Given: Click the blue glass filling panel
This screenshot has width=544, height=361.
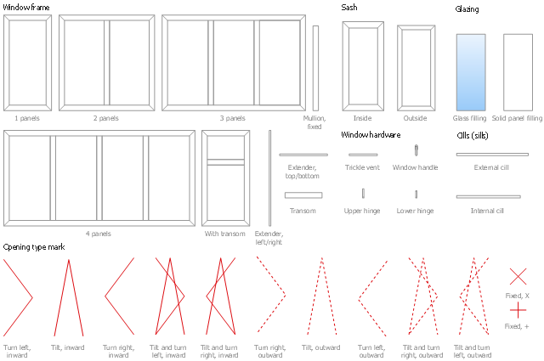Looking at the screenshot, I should [x=471, y=72].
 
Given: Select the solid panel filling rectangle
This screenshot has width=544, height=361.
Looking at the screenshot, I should [x=517, y=72].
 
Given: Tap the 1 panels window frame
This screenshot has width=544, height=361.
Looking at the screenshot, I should [x=27, y=63].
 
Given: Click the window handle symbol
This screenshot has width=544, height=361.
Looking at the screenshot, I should [x=416, y=150].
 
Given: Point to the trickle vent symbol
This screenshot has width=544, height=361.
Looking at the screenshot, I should [x=363, y=155].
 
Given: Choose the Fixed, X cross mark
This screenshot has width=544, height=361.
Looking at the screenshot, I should [x=518, y=276].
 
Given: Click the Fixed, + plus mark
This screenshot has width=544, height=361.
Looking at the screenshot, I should [x=518, y=309].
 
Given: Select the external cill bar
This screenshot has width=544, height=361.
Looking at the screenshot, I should [x=491, y=155].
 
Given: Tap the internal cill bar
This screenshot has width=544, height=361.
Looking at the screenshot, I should [x=488, y=196].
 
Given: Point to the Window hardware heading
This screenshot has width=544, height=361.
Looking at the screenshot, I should [x=371, y=135].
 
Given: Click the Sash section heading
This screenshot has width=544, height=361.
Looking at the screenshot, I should [x=349, y=7].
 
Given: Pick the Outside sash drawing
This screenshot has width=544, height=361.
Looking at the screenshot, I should [x=416, y=69].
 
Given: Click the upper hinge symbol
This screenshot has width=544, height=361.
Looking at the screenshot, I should [x=363, y=193].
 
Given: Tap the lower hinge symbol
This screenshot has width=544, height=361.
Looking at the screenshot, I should [x=416, y=194].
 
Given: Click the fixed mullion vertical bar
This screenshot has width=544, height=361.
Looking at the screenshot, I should [x=315, y=68].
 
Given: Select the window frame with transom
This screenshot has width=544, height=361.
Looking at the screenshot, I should [x=225, y=178].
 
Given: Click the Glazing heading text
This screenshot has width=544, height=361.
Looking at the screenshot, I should [x=467, y=9].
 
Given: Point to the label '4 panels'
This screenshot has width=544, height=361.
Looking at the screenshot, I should [x=99, y=234].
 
